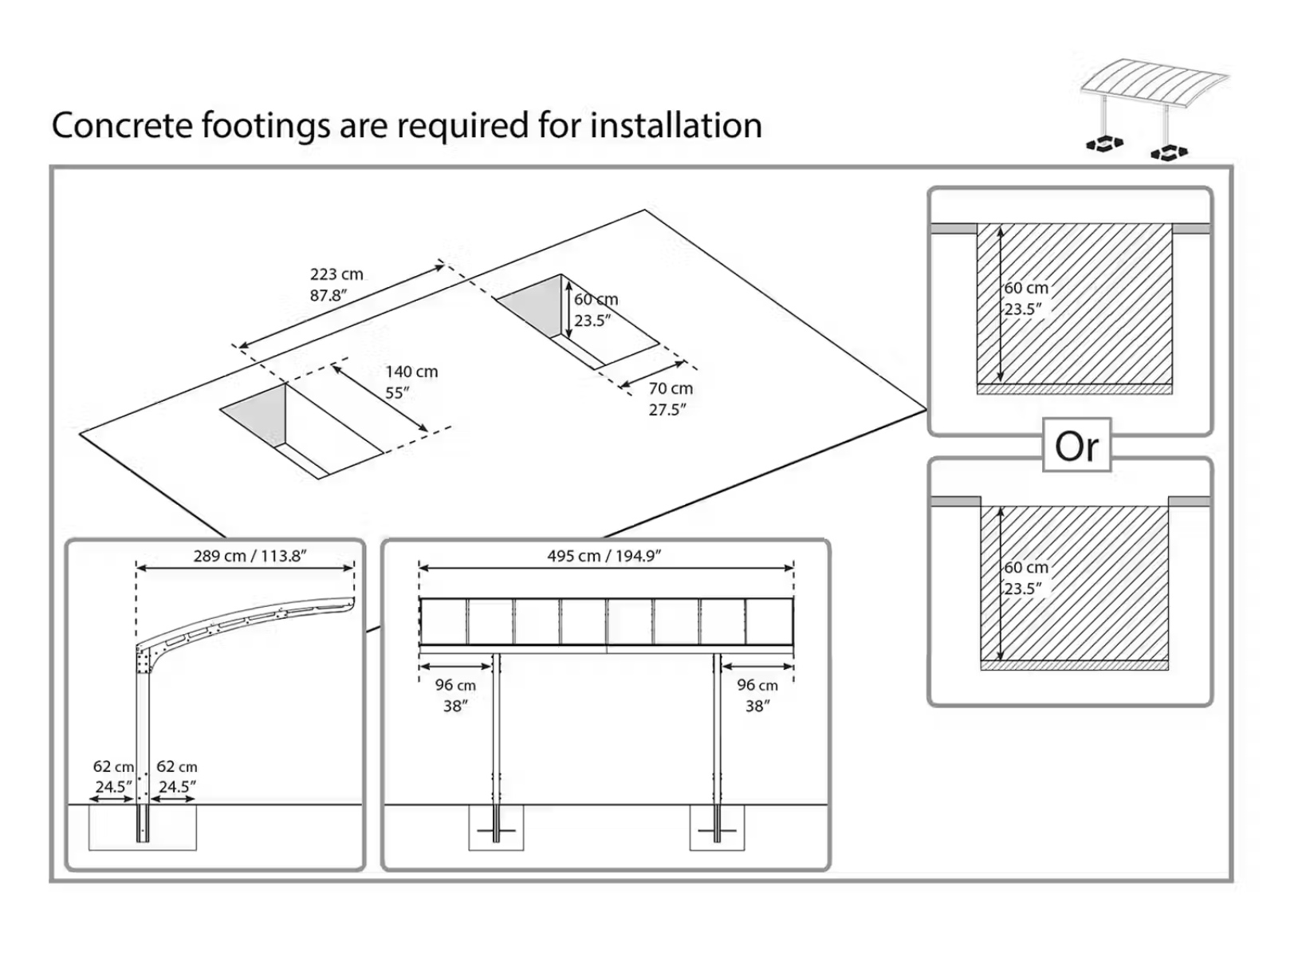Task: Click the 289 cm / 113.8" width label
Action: click(250, 556)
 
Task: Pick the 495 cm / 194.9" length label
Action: click(604, 556)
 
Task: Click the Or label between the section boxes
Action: click(1076, 447)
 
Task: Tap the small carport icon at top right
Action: click(1154, 108)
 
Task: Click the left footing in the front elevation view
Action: click(496, 828)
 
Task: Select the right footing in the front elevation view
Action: click(717, 828)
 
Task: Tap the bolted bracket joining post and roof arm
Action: click(145, 658)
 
